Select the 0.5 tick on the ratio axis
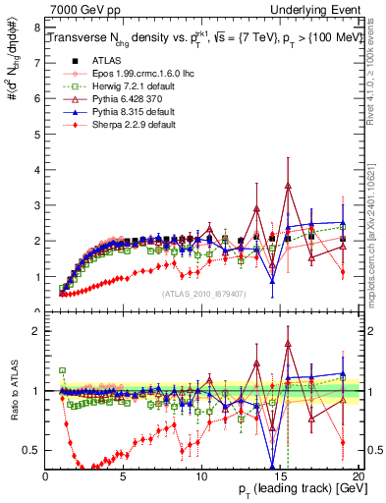point(31,450)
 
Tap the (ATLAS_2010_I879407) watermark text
point(202,293)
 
